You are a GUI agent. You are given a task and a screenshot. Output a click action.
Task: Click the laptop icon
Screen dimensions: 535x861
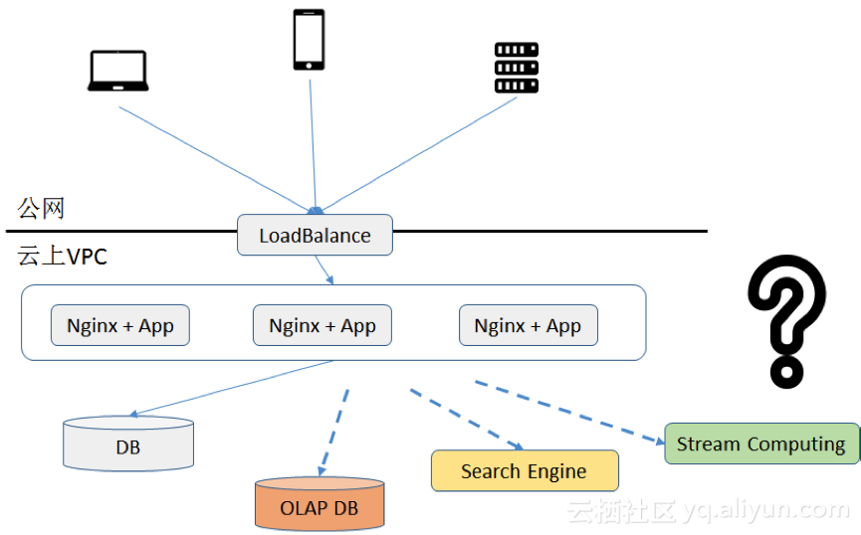[x=117, y=72]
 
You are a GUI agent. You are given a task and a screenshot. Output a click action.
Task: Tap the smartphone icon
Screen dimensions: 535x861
[x=309, y=40]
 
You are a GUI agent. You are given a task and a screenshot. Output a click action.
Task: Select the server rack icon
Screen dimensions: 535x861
[x=517, y=68]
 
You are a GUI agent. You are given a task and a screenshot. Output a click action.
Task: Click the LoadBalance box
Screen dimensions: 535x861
[x=315, y=236]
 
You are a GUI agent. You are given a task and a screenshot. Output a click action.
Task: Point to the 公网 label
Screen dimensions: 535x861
[x=41, y=209]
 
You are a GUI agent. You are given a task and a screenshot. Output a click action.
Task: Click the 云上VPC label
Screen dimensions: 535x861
[x=62, y=257]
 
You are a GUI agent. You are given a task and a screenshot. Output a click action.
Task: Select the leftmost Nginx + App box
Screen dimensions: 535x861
[x=119, y=325]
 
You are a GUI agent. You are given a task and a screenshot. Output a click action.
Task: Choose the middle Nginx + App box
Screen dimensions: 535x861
[x=323, y=325]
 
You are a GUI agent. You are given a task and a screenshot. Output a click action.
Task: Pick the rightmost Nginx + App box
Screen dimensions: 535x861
[x=528, y=325]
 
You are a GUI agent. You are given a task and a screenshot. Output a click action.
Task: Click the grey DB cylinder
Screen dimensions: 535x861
[x=128, y=445]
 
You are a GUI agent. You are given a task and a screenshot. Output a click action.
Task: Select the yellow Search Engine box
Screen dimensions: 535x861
[x=524, y=471]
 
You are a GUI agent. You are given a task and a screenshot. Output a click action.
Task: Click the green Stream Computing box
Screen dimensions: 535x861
[x=760, y=444]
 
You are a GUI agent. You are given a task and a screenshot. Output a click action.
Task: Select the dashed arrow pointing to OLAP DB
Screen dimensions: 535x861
[x=334, y=429]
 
